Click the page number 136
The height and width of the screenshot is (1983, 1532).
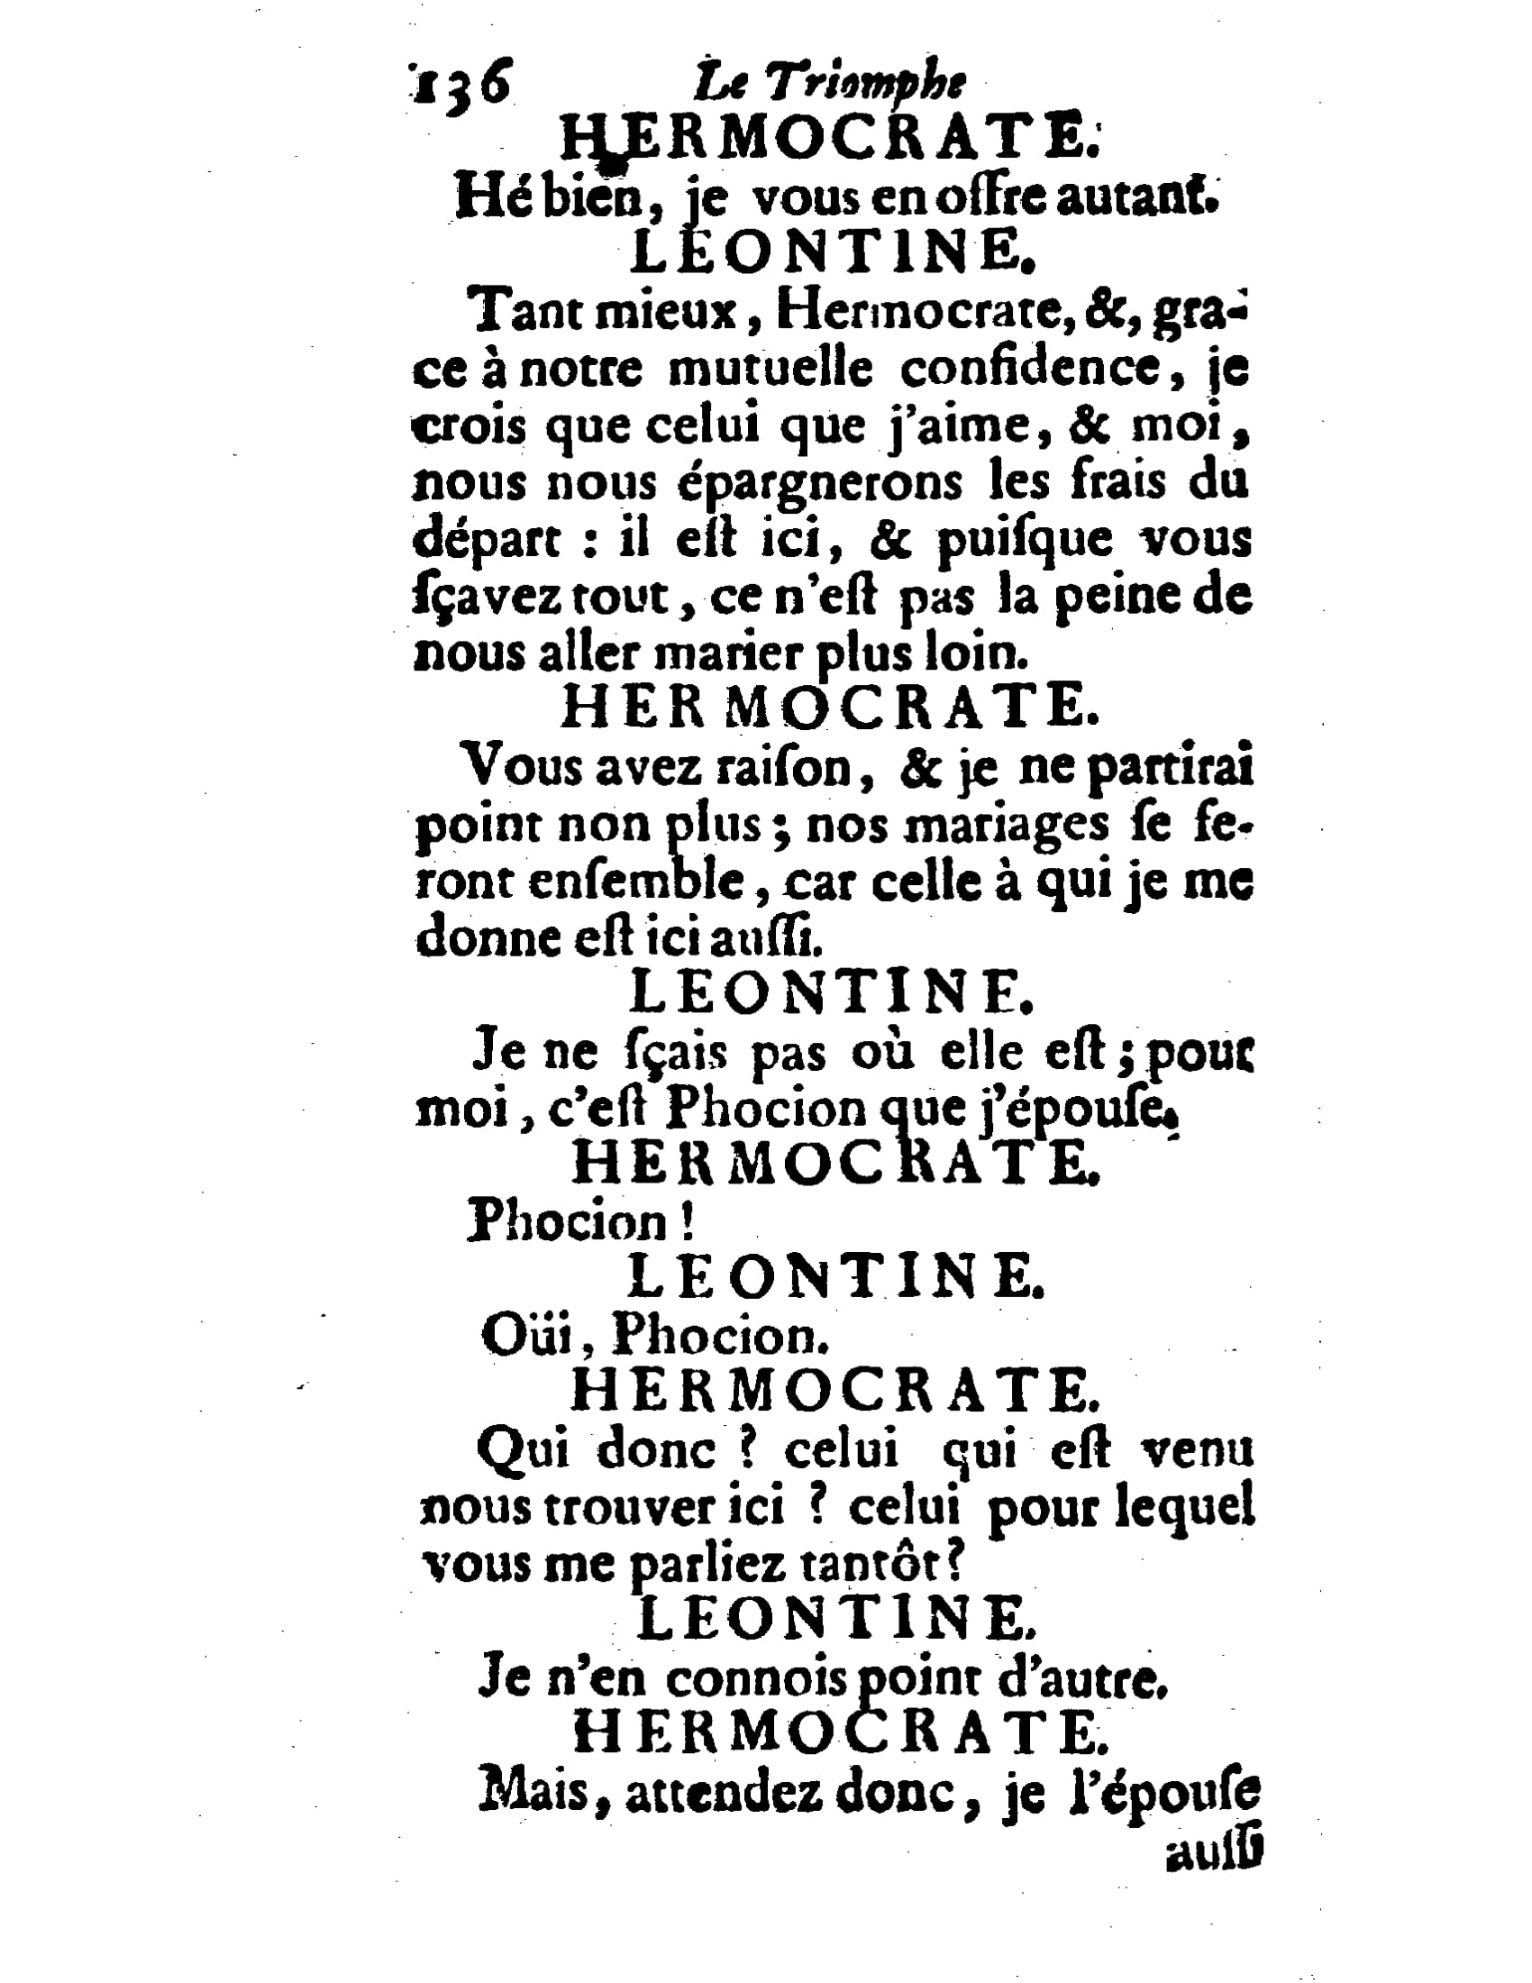point(461,85)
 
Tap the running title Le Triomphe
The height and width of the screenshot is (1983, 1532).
point(827,85)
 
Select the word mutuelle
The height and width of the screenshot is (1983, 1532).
point(771,370)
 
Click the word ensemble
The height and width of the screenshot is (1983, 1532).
point(637,882)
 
